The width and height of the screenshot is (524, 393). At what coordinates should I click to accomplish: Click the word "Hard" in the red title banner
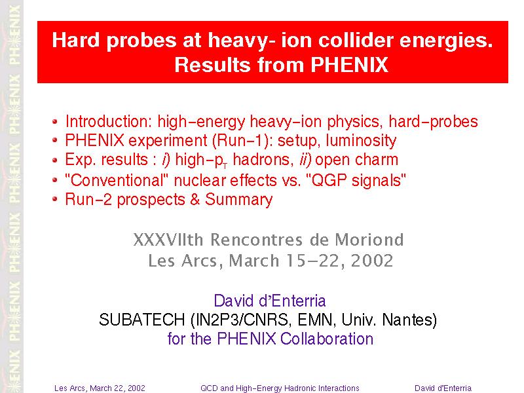tap(76, 40)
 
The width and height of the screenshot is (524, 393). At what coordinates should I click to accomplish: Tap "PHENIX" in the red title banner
tap(350, 64)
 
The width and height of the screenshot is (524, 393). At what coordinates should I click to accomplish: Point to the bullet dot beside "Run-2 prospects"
tap(55, 199)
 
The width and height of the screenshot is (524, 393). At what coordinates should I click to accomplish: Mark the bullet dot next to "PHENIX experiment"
tap(55, 140)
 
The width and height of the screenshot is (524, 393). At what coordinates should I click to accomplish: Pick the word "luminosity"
tap(362, 141)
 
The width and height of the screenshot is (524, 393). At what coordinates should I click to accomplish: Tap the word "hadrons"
tap(261, 159)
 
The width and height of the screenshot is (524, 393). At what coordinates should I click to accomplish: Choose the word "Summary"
tap(239, 200)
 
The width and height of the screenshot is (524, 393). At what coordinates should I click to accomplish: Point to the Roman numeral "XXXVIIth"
tap(168, 240)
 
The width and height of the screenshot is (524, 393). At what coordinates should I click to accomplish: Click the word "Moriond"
tap(369, 240)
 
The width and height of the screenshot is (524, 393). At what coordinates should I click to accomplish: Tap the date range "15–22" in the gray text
tap(315, 260)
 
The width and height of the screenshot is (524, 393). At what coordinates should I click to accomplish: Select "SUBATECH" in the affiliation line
tap(141, 320)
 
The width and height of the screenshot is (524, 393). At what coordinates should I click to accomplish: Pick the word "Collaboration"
tap(327, 339)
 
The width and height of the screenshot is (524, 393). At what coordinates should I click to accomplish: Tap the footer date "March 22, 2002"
tap(118, 388)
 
